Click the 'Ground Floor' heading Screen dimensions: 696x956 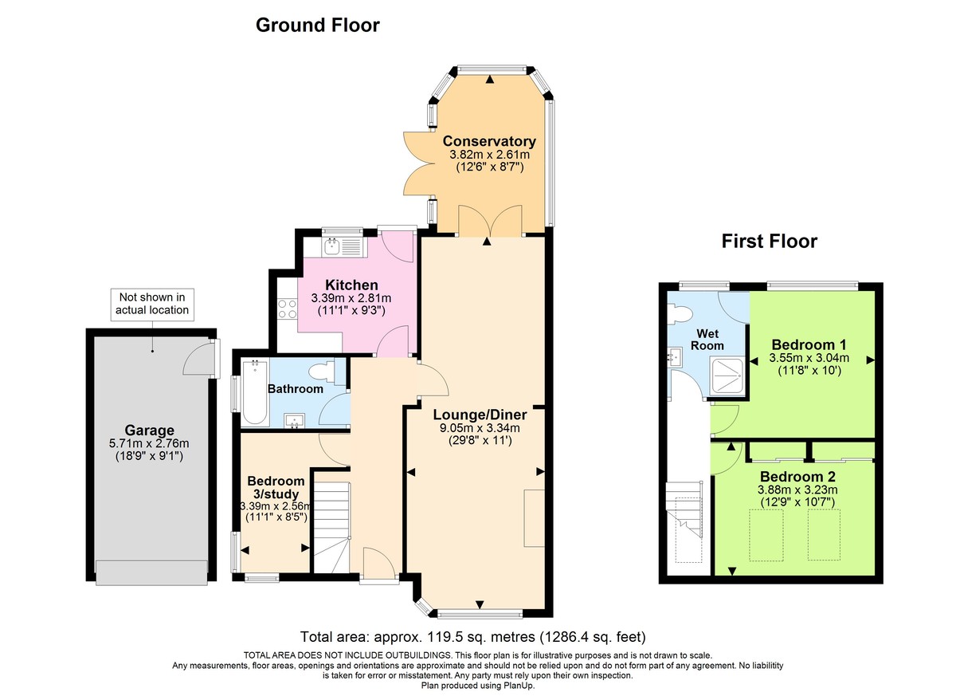(317, 26)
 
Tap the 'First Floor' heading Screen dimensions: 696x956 (769, 241)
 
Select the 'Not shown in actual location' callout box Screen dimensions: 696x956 (152, 303)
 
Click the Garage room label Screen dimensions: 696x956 (149, 431)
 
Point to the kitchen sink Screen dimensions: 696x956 (343, 245)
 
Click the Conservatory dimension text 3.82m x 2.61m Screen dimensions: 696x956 (489, 155)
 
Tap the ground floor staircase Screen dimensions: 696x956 (330, 522)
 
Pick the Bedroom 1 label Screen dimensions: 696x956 (809, 344)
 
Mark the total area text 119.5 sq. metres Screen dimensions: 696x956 (472, 637)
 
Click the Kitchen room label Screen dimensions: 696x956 (351, 285)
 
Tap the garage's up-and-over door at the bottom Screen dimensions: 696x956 (151, 571)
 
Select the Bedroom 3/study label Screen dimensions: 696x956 (276, 488)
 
